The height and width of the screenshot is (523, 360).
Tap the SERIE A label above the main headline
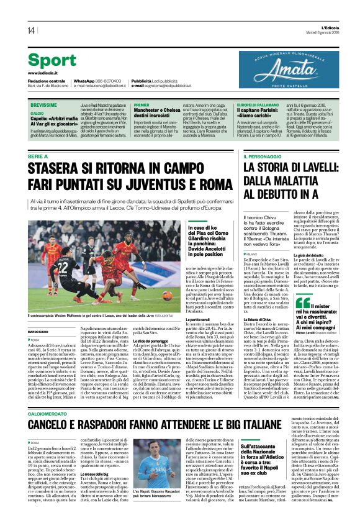37,157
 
